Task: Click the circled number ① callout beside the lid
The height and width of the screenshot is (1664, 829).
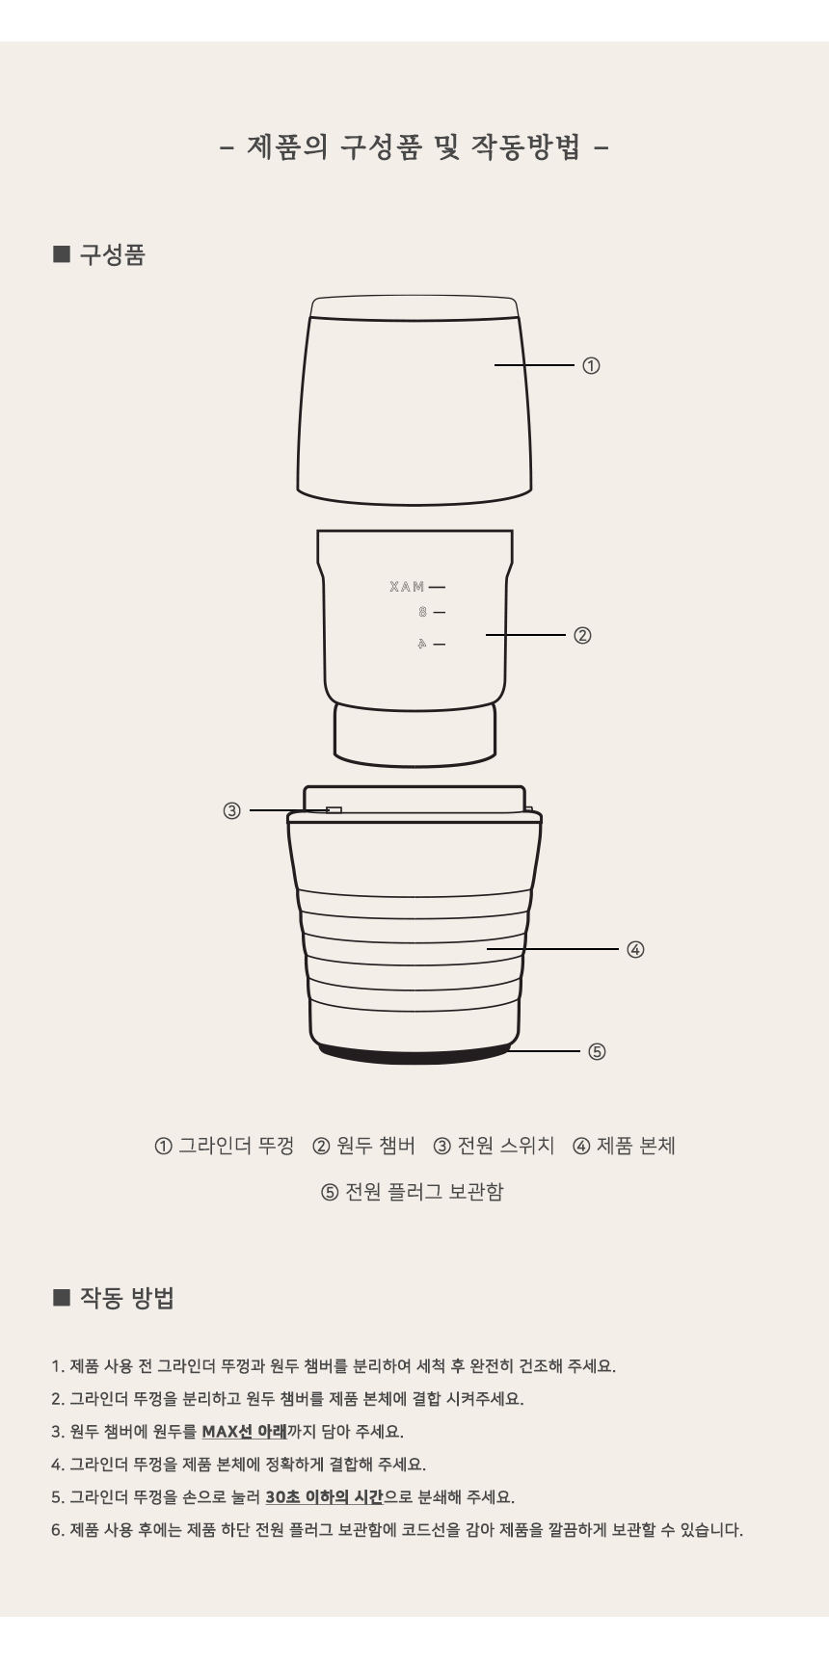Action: [x=591, y=366]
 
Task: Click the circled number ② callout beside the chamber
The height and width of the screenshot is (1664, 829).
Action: [x=582, y=636]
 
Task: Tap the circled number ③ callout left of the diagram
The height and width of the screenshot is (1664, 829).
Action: [x=231, y=811]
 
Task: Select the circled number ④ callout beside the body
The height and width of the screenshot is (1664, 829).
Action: [x=635, y=949]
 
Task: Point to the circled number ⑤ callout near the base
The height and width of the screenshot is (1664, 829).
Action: [x=597, y=1051]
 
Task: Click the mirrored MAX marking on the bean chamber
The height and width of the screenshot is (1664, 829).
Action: [x=407, y=587]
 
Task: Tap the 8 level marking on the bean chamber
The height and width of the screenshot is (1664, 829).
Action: [x=422, y=612]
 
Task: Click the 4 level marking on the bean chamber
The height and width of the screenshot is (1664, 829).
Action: [x=421, y=644]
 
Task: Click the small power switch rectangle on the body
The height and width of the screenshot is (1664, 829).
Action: [x=334, y=810]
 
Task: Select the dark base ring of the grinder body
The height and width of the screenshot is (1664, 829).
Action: [x=414, y=1053]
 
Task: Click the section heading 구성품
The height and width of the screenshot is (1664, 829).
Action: [x=111, y=255]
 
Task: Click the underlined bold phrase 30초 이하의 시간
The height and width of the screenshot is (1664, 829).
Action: [x=324, y=1497]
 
